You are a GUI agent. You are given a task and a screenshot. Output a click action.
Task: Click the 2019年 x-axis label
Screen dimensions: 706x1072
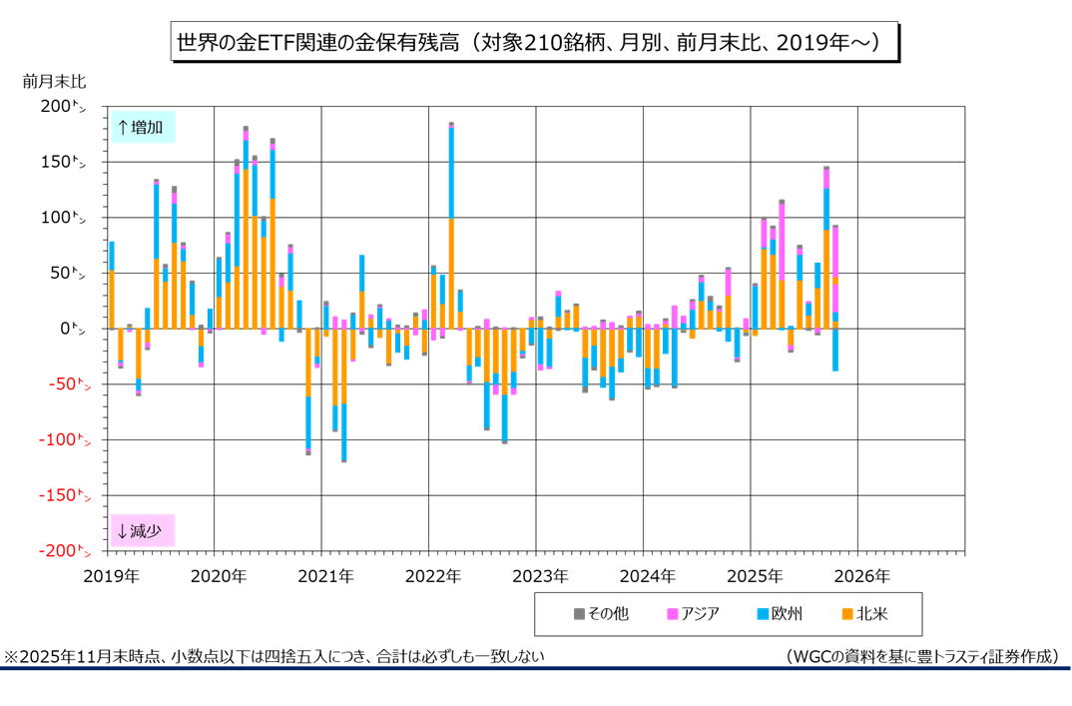pos(111,576)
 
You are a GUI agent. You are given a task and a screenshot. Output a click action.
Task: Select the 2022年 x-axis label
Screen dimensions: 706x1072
pos(433,576)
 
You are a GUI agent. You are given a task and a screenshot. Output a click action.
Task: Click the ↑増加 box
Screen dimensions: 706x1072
pos(142,127)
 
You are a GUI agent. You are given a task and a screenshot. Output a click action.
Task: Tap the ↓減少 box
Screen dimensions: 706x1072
pos(142,530)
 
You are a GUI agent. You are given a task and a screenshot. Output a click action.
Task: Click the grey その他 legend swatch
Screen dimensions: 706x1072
pos(579,613)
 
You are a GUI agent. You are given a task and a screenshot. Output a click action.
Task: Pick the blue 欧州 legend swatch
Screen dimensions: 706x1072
pos(763,613)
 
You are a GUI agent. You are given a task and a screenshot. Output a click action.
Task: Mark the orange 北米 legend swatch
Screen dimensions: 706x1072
pos(847,613)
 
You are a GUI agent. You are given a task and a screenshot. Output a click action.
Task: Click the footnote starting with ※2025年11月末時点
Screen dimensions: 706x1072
pos(274,656)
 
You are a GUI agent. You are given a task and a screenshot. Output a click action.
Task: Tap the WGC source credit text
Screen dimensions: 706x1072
pos(921,656)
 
